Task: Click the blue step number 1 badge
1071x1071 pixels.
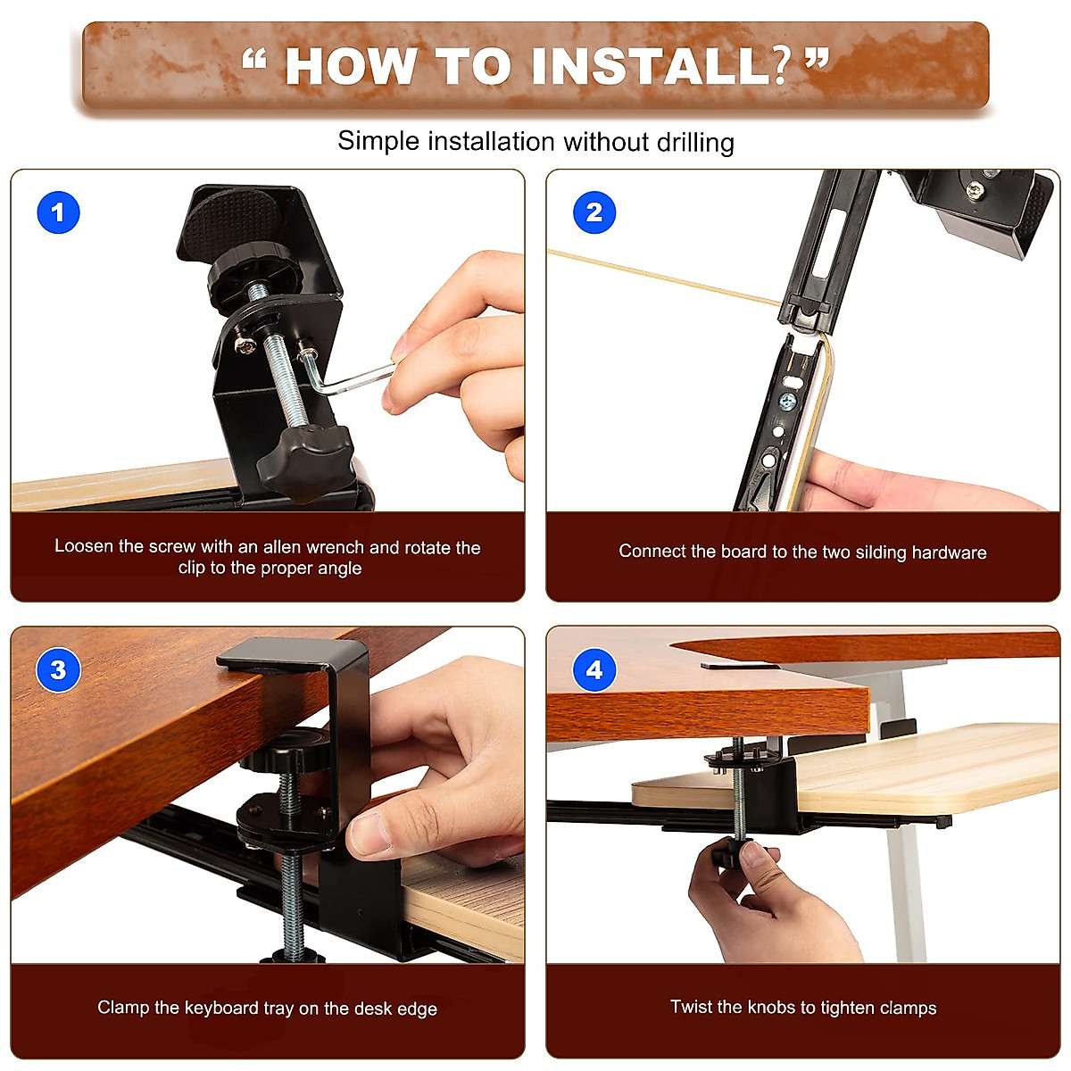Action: coord(58,212)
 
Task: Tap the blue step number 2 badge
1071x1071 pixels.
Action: coord(594,212)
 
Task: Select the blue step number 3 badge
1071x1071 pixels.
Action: coord(58,669)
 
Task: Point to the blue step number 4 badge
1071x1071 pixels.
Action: coord(594,669)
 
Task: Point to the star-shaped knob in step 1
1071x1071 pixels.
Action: coord(307,461)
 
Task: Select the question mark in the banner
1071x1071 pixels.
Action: coord(782,67)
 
